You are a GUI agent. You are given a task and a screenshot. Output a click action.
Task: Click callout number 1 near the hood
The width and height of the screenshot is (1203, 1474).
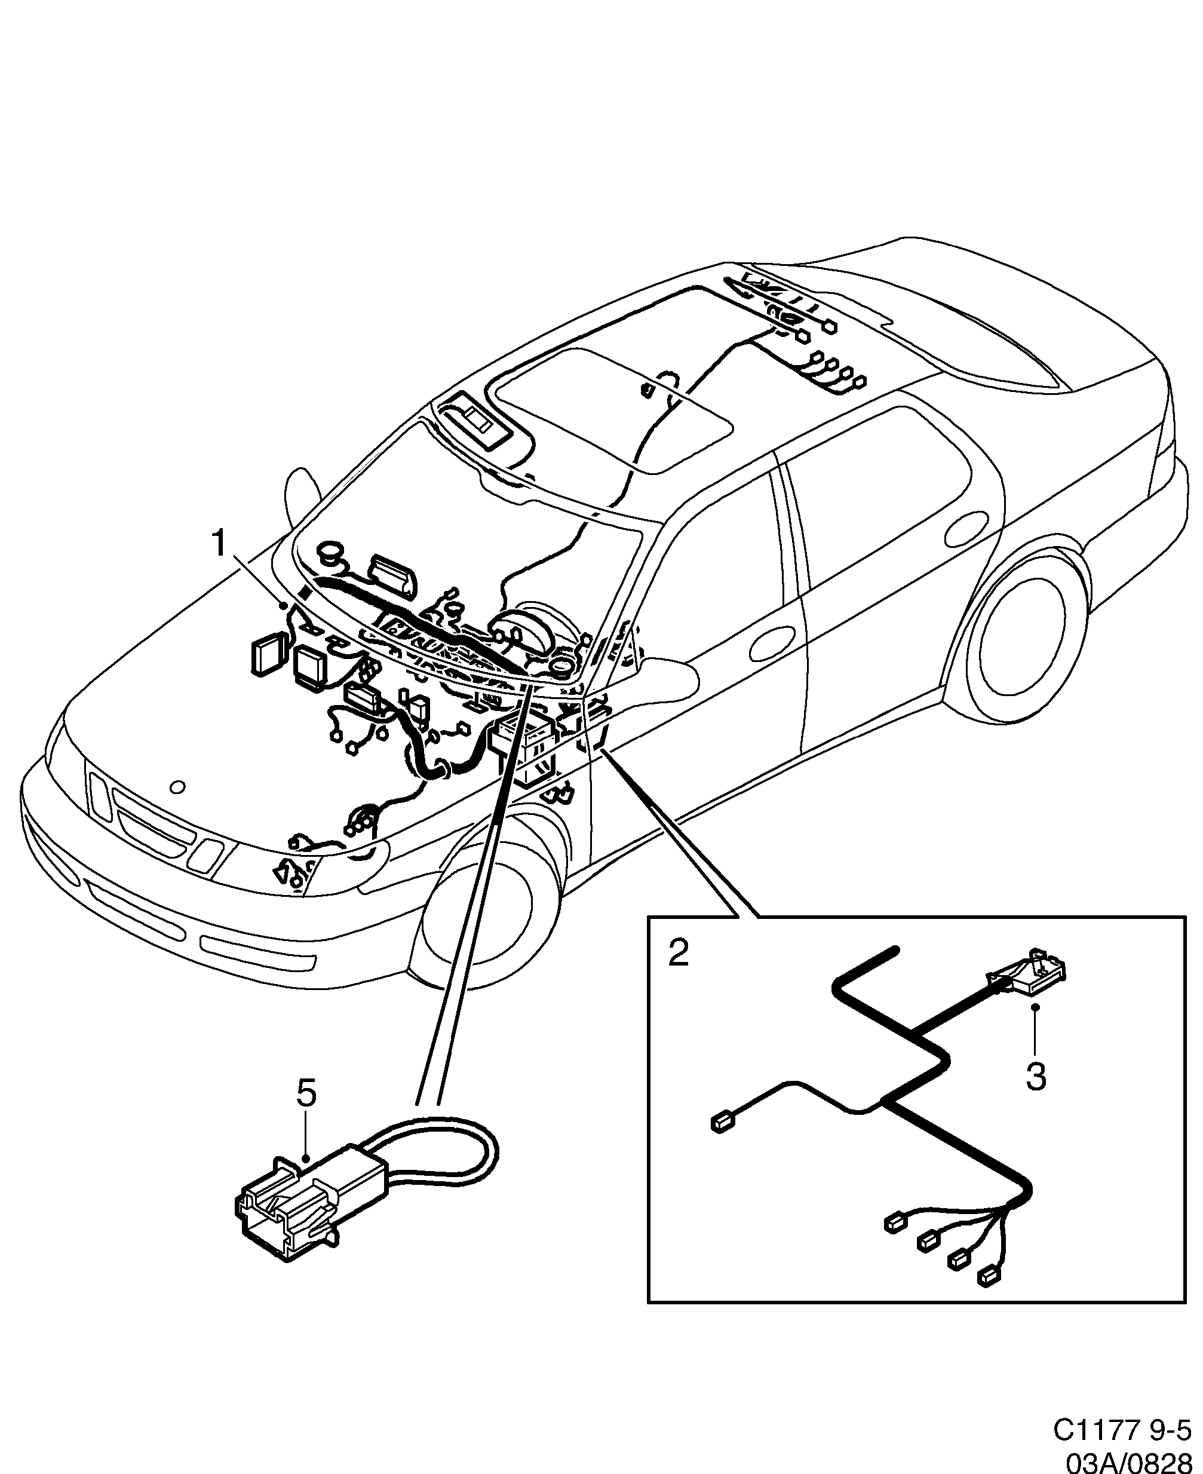click(219, 543)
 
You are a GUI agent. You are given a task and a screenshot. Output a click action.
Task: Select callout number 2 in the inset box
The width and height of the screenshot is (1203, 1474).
click(679, 954)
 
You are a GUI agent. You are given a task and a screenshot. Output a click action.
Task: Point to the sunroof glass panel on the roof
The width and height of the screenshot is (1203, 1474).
click(610, 409)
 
